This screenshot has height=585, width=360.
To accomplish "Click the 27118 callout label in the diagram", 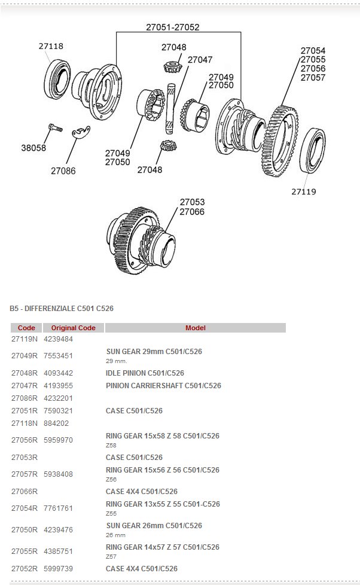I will (x=51, y=46).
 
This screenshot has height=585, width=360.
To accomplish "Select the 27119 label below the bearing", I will (x=304, y=192).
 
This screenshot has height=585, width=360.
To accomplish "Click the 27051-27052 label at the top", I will (x=173, y=27).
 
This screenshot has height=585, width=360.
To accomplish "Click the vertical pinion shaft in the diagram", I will (x=170, y=108).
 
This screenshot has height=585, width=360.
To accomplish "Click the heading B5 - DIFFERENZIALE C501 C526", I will (x=62, y=309).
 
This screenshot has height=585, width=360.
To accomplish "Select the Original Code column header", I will (x=73, y=328).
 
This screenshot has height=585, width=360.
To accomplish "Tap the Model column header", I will (x=195, y=328).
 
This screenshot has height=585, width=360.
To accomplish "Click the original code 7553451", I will (x=59, y=355).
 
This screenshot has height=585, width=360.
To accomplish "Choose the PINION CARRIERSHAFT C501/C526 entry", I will (x=163, y=386).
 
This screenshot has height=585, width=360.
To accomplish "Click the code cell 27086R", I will (x=25, y=398).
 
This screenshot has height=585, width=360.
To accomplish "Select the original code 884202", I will (x=56, y=423).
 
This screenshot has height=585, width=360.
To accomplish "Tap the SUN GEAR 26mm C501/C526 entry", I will (x=154, y=526).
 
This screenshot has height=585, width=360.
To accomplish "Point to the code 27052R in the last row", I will (x=25, y=569).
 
